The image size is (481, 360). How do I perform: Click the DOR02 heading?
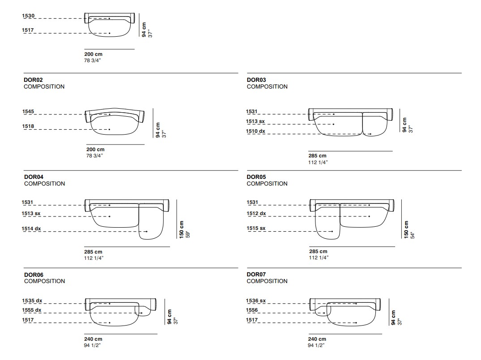[33, 80]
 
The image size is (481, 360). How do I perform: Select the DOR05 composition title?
[256, 177]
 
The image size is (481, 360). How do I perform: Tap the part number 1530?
[28, 16]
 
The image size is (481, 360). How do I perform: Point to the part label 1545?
[28, 111]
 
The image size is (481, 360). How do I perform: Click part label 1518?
[28, 126]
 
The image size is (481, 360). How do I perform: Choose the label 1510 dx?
[255, 131]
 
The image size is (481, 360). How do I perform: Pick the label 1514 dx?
[31, 229]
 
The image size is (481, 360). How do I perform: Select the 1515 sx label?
[256, 228]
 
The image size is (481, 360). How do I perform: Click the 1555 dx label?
[32, 310]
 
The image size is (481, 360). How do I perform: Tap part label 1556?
[252, 310]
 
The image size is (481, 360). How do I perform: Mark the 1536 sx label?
[256, 301]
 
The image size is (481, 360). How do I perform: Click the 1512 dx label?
[256, 213]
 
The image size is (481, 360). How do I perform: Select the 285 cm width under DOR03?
[318, 156]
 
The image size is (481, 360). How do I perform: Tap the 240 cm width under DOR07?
[317, 339]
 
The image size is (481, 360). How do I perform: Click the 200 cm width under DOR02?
[95, 149]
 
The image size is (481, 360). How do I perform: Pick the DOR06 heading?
[34, 275]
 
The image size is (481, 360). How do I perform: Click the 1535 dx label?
[32, 301]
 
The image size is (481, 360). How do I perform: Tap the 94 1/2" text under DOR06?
[92, 345]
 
